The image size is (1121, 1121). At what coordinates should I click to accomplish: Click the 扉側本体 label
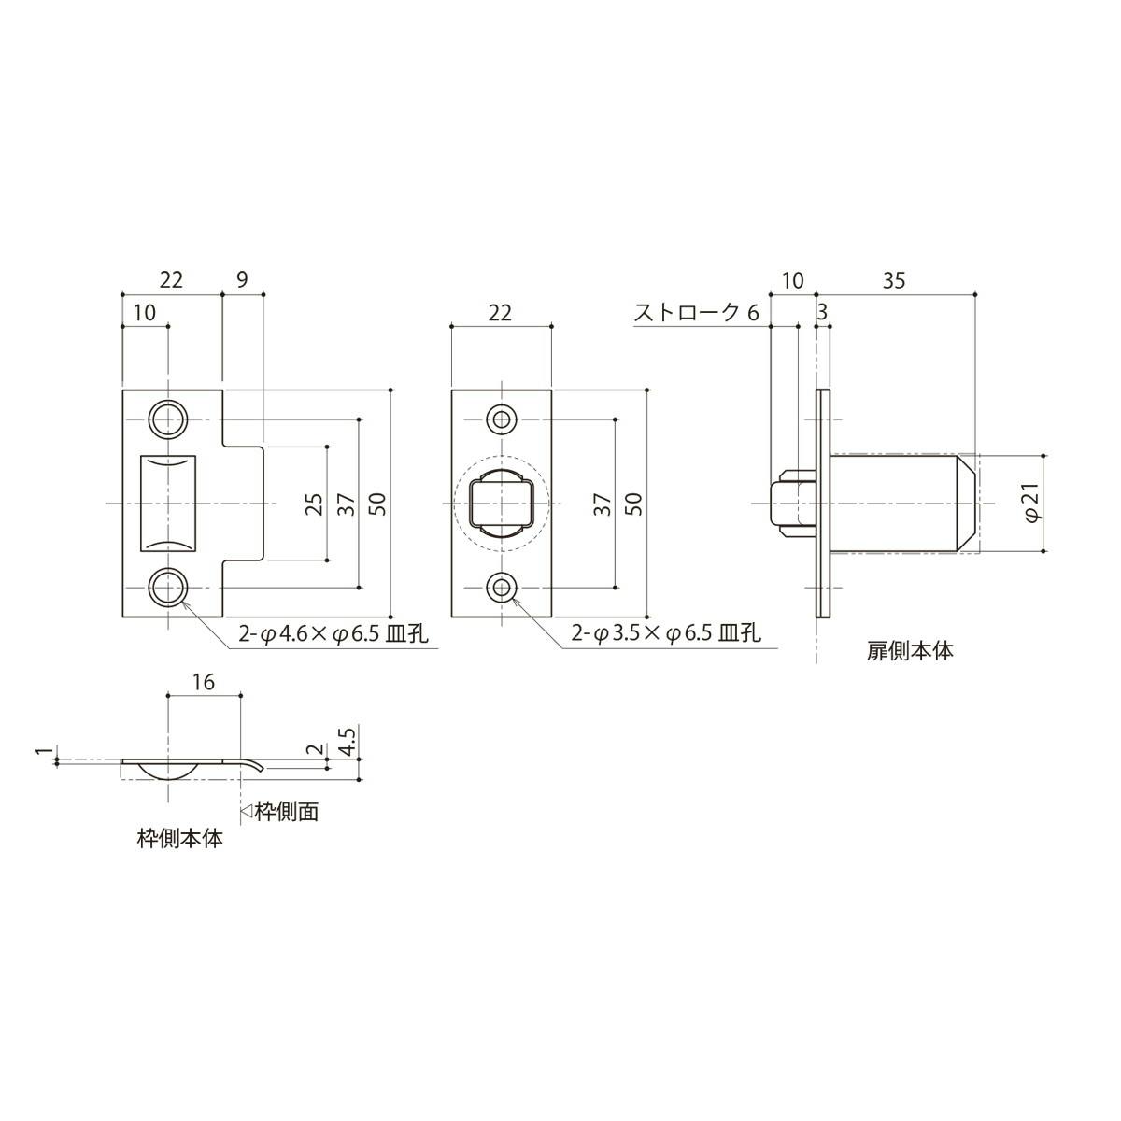[910, 651]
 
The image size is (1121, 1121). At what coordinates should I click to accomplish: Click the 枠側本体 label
[180, 838]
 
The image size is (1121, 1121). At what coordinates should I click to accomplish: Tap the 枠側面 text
[287, 812]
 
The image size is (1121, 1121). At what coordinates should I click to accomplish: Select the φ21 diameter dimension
[1032, 504]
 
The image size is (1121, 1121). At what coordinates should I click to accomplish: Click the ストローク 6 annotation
[696, 313]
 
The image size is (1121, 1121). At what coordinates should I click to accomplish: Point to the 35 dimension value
[894, 280]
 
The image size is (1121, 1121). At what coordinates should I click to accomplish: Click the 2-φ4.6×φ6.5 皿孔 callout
[333, 633]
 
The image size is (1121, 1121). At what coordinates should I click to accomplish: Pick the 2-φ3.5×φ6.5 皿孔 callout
[666, 632]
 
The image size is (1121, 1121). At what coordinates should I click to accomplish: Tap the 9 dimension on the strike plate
[243, 280]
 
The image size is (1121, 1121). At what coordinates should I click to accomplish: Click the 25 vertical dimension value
[314, 504]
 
